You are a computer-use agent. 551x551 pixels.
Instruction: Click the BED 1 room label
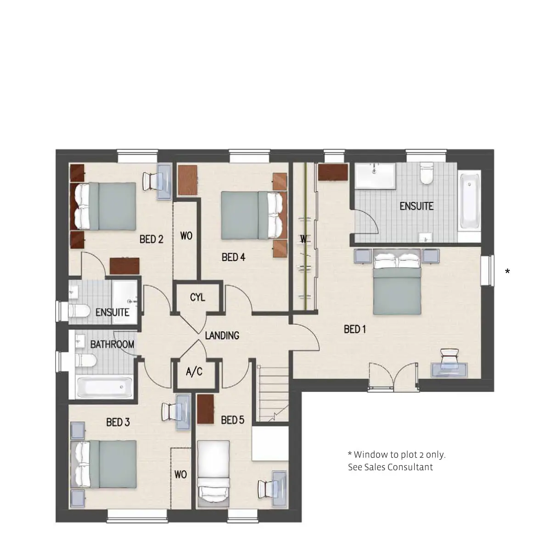coord(354,329)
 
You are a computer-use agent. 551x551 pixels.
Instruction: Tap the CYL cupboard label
coord(197,298)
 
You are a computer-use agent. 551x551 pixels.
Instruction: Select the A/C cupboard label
coord(194,372)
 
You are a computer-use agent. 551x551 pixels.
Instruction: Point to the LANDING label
coord(222,335)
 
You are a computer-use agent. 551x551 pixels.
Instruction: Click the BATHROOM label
coord(112,344)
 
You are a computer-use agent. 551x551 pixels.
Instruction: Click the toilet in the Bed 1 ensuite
coord(426,174)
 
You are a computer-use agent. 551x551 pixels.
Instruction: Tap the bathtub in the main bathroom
coord(104,387)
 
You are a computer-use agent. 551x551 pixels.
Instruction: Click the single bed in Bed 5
coord(214,473)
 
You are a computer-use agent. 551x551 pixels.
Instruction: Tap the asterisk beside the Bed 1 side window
coord(507,271)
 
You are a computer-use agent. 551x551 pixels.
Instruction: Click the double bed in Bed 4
coord(253,215)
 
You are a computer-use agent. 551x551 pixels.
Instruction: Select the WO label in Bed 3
coord(181,474)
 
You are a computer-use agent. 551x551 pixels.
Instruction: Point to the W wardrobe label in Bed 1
coord(304,239)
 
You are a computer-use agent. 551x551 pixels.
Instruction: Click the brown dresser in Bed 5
coord(206,409)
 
